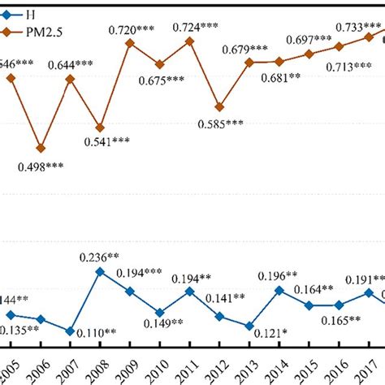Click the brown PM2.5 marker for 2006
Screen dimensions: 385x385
coord(41,148)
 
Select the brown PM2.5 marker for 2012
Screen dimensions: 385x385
coord(219,106)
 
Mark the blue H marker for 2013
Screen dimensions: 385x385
coord(249,326)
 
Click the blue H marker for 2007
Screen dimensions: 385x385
coord(71,331)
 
